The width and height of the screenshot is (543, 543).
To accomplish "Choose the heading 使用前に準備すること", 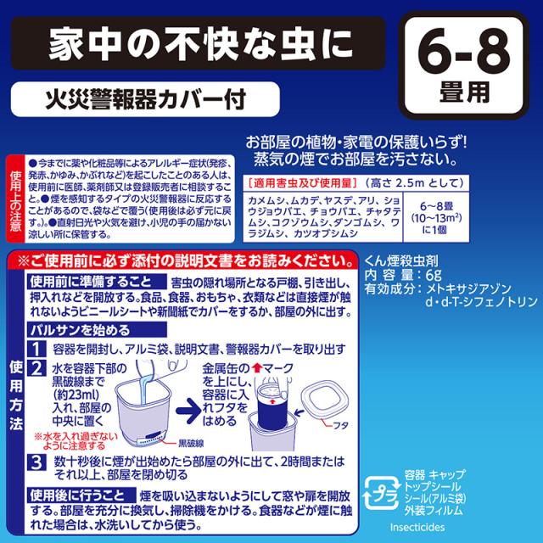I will click(x=92, y=280).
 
